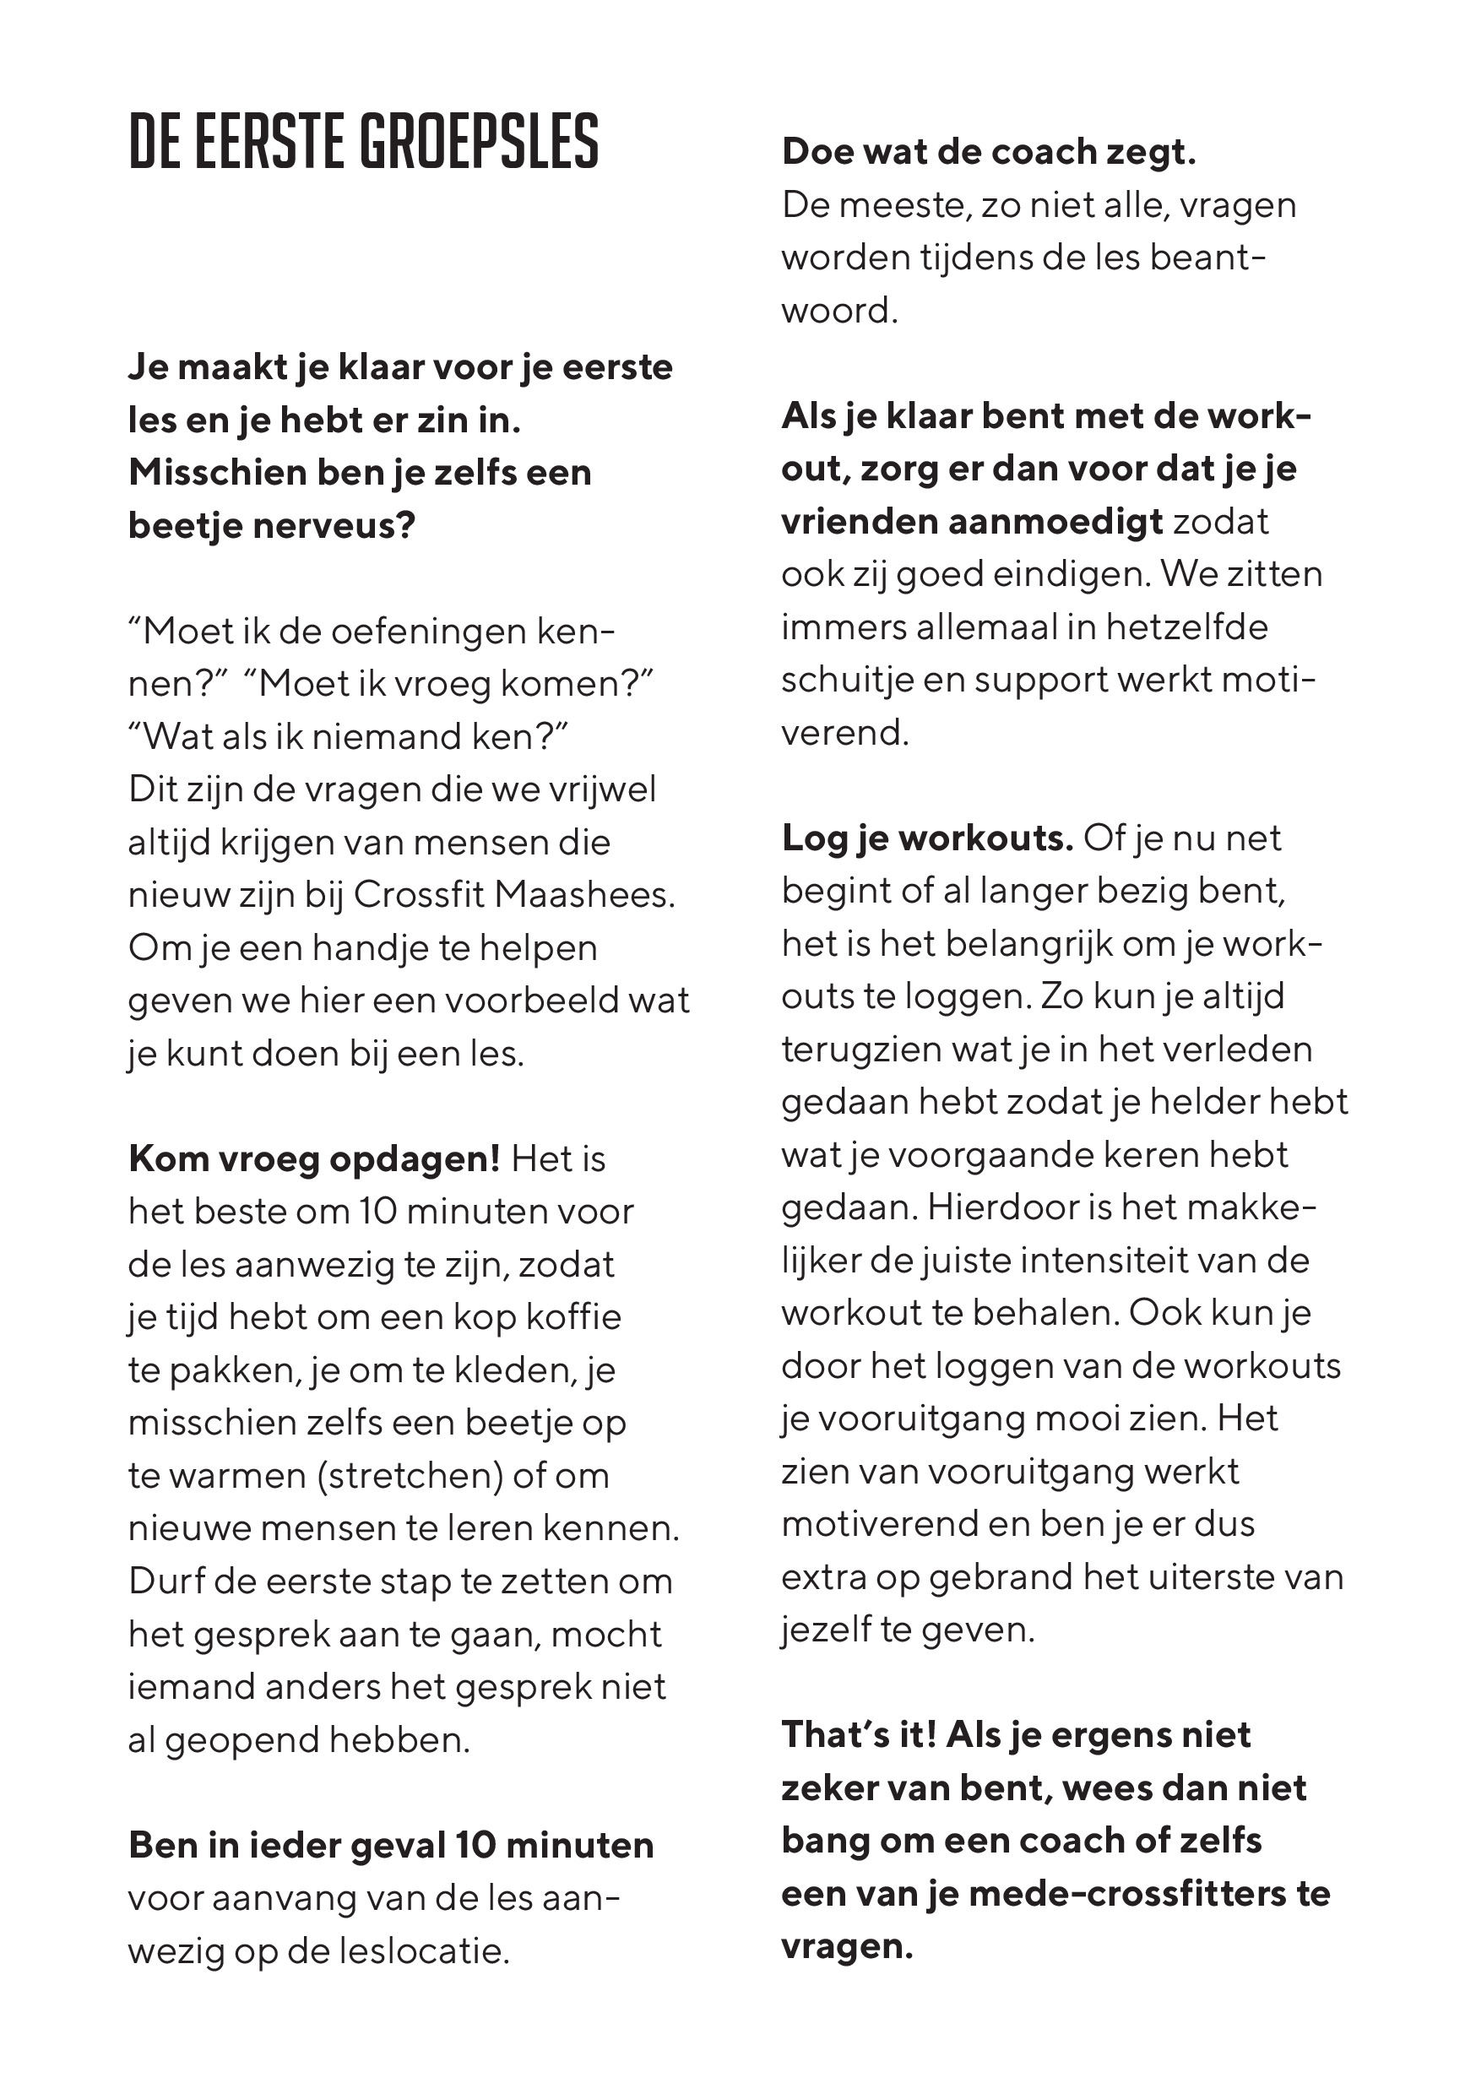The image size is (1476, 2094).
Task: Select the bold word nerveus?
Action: pos(342,526)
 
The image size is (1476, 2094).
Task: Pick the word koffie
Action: pos(574,1318)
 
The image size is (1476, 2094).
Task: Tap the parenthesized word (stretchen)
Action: pos(410,1476)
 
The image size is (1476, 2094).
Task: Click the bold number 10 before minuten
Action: pos(475,1846)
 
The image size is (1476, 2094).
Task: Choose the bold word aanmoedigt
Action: pos(1055,523)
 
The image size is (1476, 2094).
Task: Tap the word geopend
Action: pos(241,1741)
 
